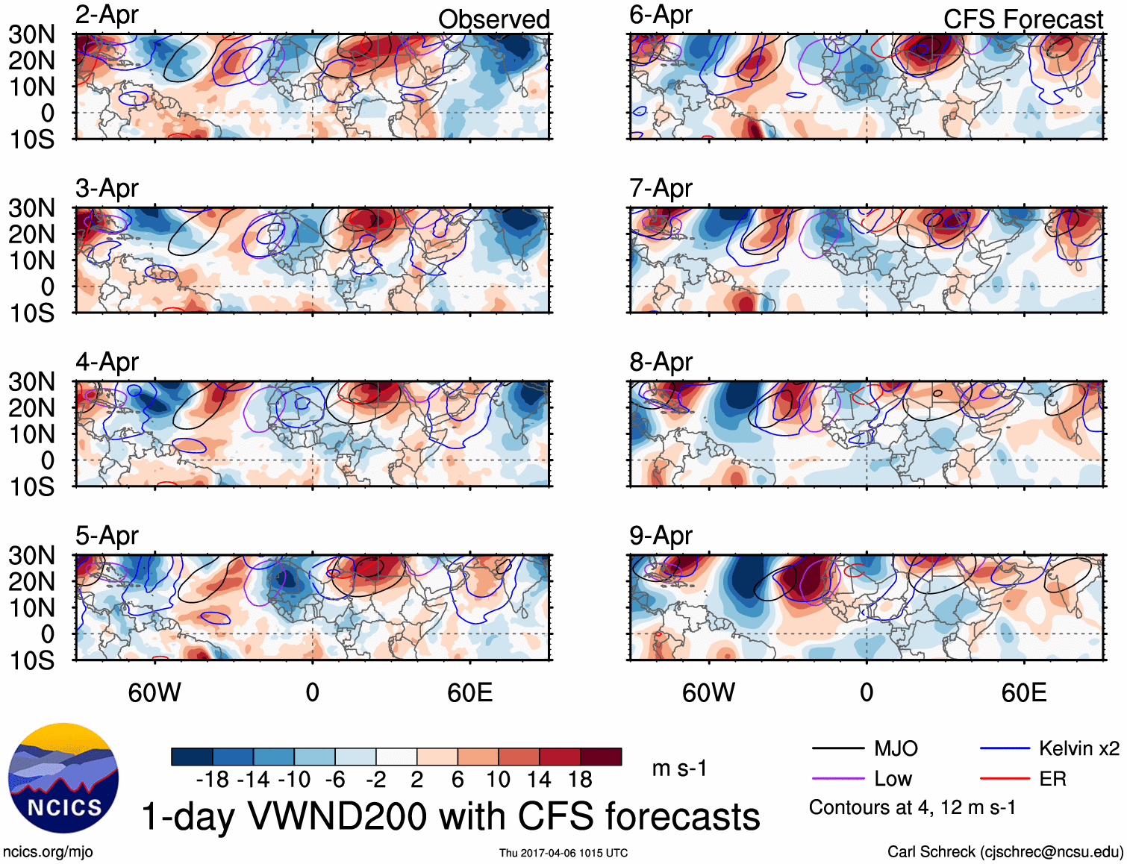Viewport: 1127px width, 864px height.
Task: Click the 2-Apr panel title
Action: click(x=107, y=15)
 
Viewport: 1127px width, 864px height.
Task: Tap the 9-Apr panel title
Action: click(x=661, y=536)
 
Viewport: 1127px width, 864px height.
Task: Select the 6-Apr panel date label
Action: click(x=661, y=15)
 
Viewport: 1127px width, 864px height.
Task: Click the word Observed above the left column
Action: click(x=493, y=19)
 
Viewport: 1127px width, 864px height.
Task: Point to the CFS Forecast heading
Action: click(x=1023, y=19)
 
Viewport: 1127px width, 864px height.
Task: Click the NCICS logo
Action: click(x=63, y=778)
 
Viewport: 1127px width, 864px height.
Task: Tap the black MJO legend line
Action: click(x=837, y=748)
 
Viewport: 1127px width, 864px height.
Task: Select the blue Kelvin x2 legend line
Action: click(x=1005, y=748)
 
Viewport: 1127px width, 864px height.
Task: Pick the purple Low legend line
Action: click(x=837, y=779)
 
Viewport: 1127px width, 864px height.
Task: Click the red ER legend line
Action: click(x=1005, y=779)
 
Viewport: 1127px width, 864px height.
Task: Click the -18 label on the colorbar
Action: click(x=213, y=780)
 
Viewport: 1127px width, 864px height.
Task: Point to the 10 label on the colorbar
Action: click(x=498, y=780)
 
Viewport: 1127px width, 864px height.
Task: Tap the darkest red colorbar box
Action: click(x=601, y=757)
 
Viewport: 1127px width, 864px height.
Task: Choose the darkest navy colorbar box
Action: click(x=192, y=757)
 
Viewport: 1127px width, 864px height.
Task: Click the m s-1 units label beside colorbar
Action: click(x=679, y=768)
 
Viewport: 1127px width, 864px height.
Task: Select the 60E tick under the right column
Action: click(x=1023, y=693)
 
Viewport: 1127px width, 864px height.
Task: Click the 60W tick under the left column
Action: click(x=154, y=693)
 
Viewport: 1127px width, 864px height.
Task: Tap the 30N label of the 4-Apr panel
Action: click(x=31, y=382)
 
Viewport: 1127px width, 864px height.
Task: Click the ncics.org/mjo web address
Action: click(x=48, y=852)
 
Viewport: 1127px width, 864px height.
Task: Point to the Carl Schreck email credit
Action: click(x=1005, y=852)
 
